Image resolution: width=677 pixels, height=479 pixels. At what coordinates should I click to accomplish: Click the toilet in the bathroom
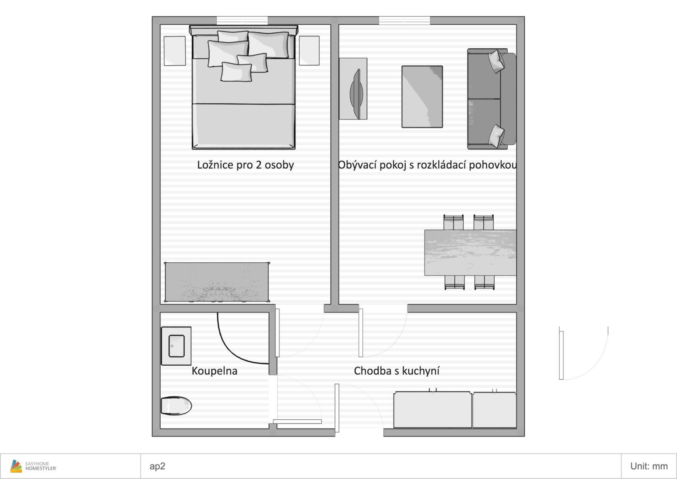pos(176,406)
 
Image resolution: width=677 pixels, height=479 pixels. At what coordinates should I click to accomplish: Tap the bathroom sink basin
pos(176,346)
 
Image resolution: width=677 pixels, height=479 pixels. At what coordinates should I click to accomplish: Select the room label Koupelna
pos(214,371)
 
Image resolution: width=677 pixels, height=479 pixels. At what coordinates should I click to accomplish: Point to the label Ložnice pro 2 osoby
pos(245,165)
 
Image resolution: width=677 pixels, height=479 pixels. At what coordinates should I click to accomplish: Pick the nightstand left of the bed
pos(175,51)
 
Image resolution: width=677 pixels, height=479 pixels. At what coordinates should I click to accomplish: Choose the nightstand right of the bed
pos(309,50)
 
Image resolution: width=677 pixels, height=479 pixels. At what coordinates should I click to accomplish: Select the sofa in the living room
pos(492,99)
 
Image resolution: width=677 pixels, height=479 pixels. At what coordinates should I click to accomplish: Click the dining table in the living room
pos(470,252)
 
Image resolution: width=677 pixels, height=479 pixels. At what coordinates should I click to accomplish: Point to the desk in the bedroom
pos(217,282)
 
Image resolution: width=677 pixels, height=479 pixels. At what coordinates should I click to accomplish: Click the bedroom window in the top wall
pos(242,20)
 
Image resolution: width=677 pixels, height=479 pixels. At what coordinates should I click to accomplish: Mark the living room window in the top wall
pos(404,20)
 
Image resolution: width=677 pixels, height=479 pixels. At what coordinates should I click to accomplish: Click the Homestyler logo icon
pos(16,466)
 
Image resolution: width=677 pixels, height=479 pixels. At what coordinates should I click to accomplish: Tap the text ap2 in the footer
pos(157,466)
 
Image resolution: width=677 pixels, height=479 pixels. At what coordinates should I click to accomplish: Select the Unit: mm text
pos(649,466)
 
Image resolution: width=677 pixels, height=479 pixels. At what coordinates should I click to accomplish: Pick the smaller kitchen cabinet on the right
pos(494,409)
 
